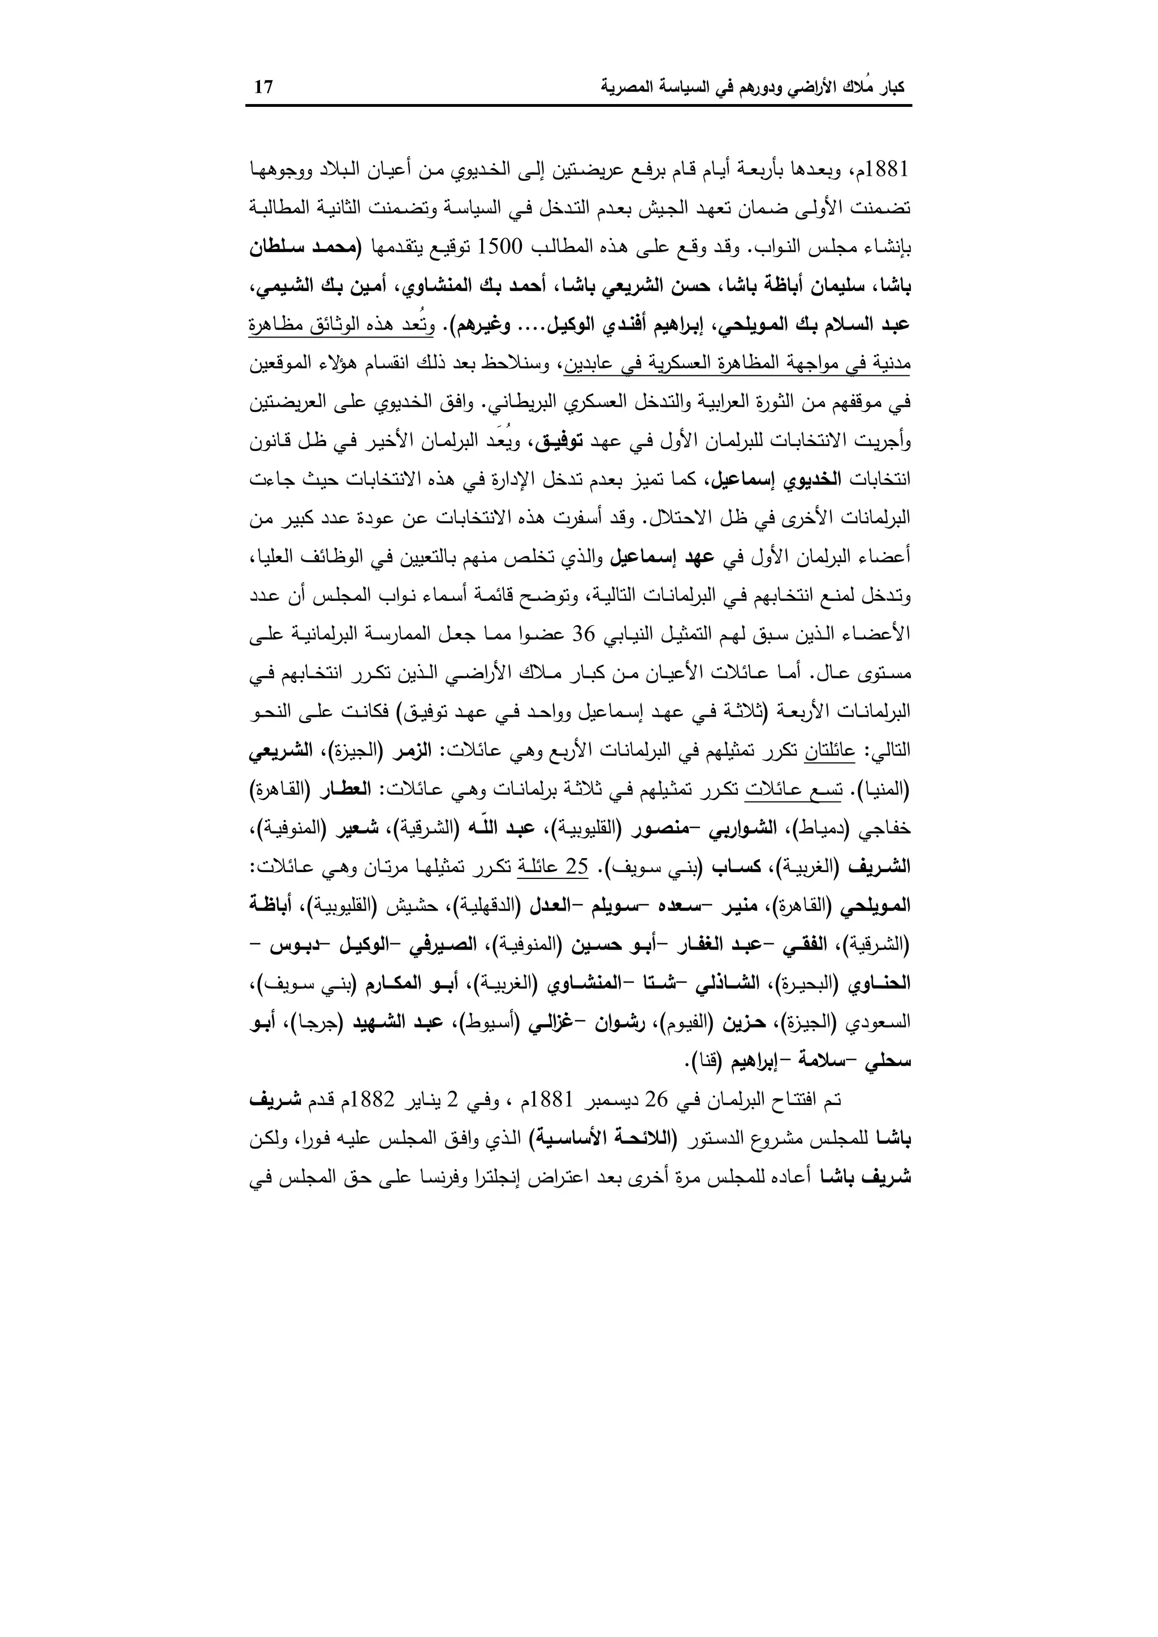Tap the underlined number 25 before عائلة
point(576,868)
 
